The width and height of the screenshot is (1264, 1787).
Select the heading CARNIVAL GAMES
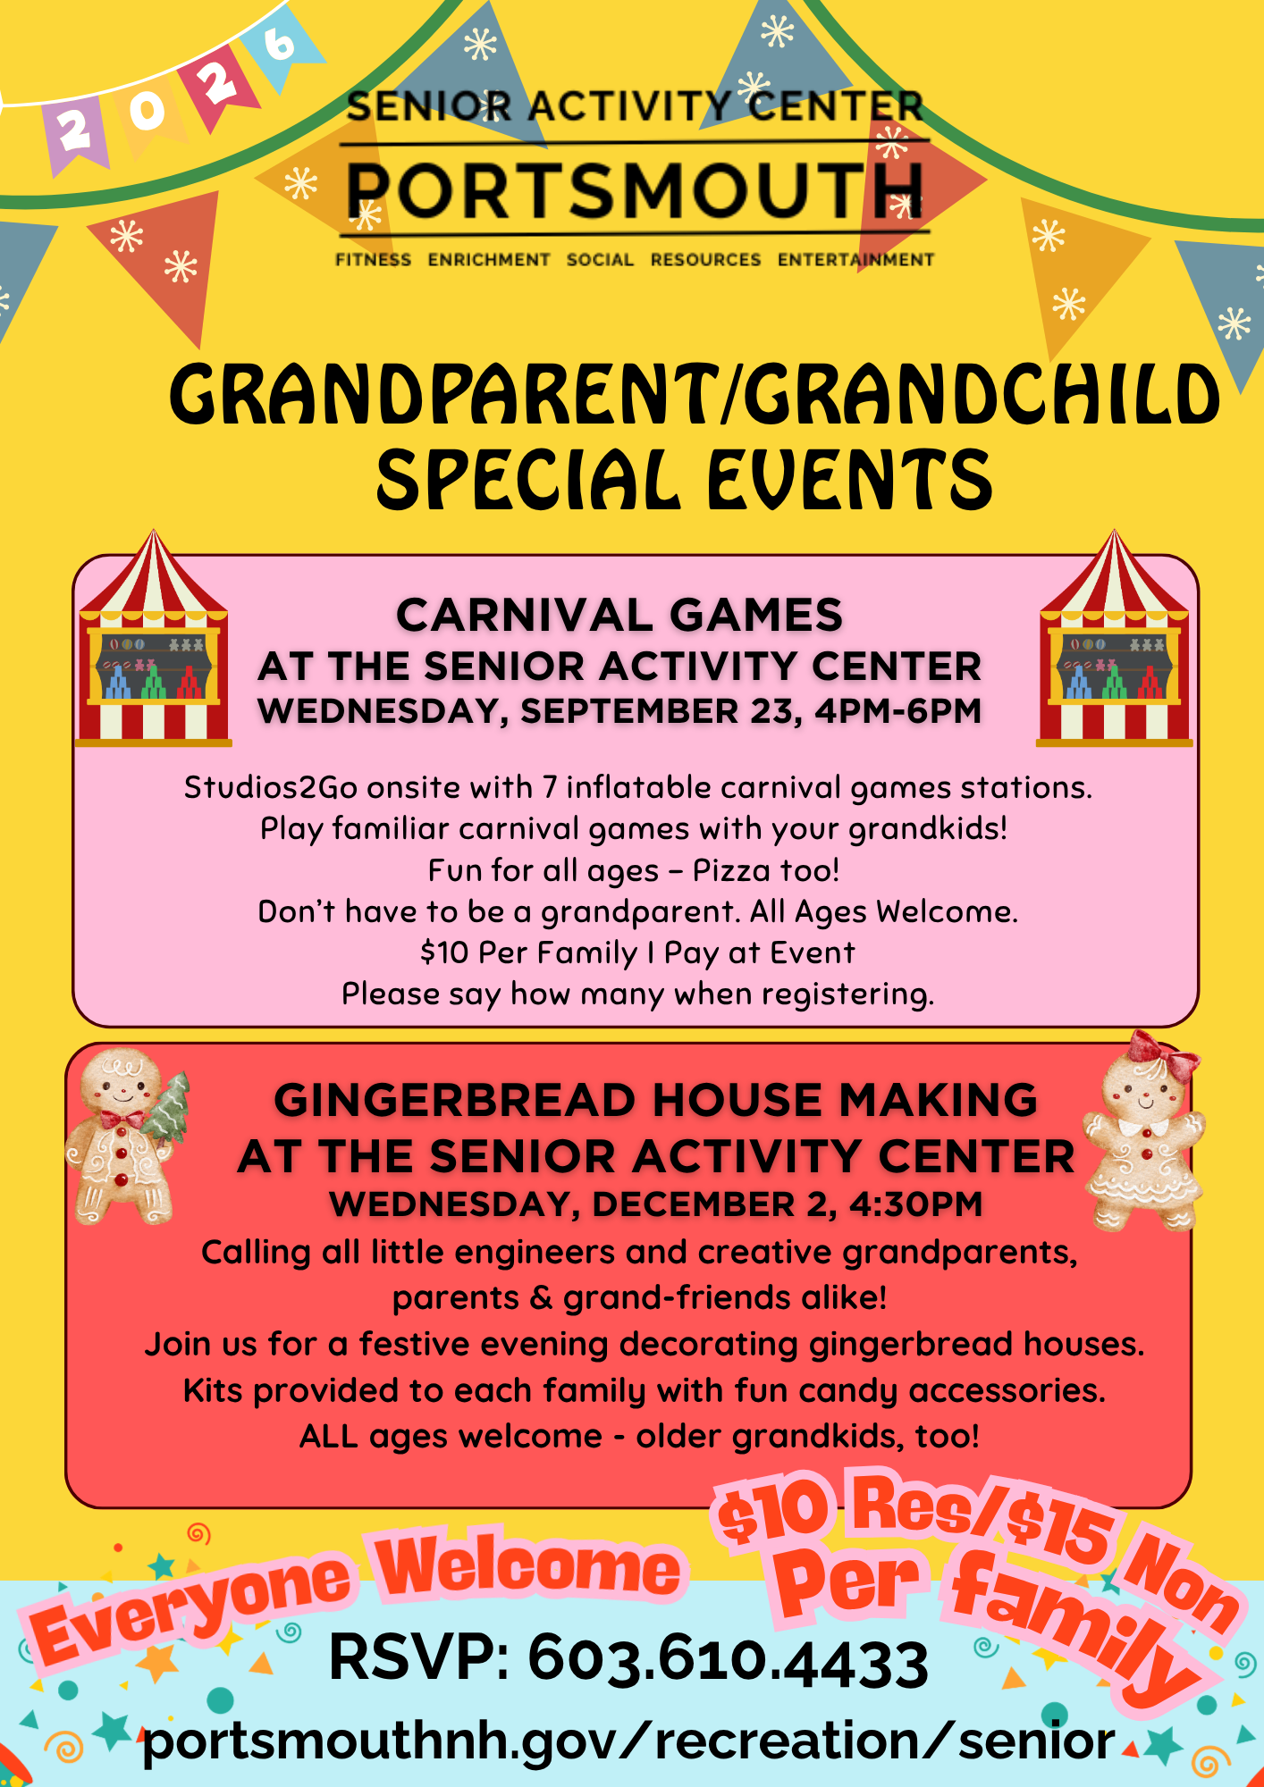pyautogui.click(x=619, y=615)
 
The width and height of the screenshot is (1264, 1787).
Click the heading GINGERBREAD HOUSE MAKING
pyautogui.click(x=655, y=1099)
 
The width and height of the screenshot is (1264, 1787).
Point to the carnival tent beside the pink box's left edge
pyautogui.click(x=154, y=638)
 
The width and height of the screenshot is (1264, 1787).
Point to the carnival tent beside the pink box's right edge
pyautogui.click(x=1114, y=638)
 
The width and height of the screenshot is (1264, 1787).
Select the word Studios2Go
pyautogui.click(x=271, y=787)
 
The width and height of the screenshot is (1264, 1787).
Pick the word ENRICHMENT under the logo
pyautogui.click(x=489, y=259)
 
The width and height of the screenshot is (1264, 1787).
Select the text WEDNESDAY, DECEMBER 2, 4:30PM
pyautogui.click(x=655, y=1204)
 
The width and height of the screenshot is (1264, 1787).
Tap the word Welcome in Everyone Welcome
pyautogui.click(x=527, y=1565)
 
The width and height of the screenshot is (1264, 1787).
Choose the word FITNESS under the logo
pyautogui.click(x=373, y=259)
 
